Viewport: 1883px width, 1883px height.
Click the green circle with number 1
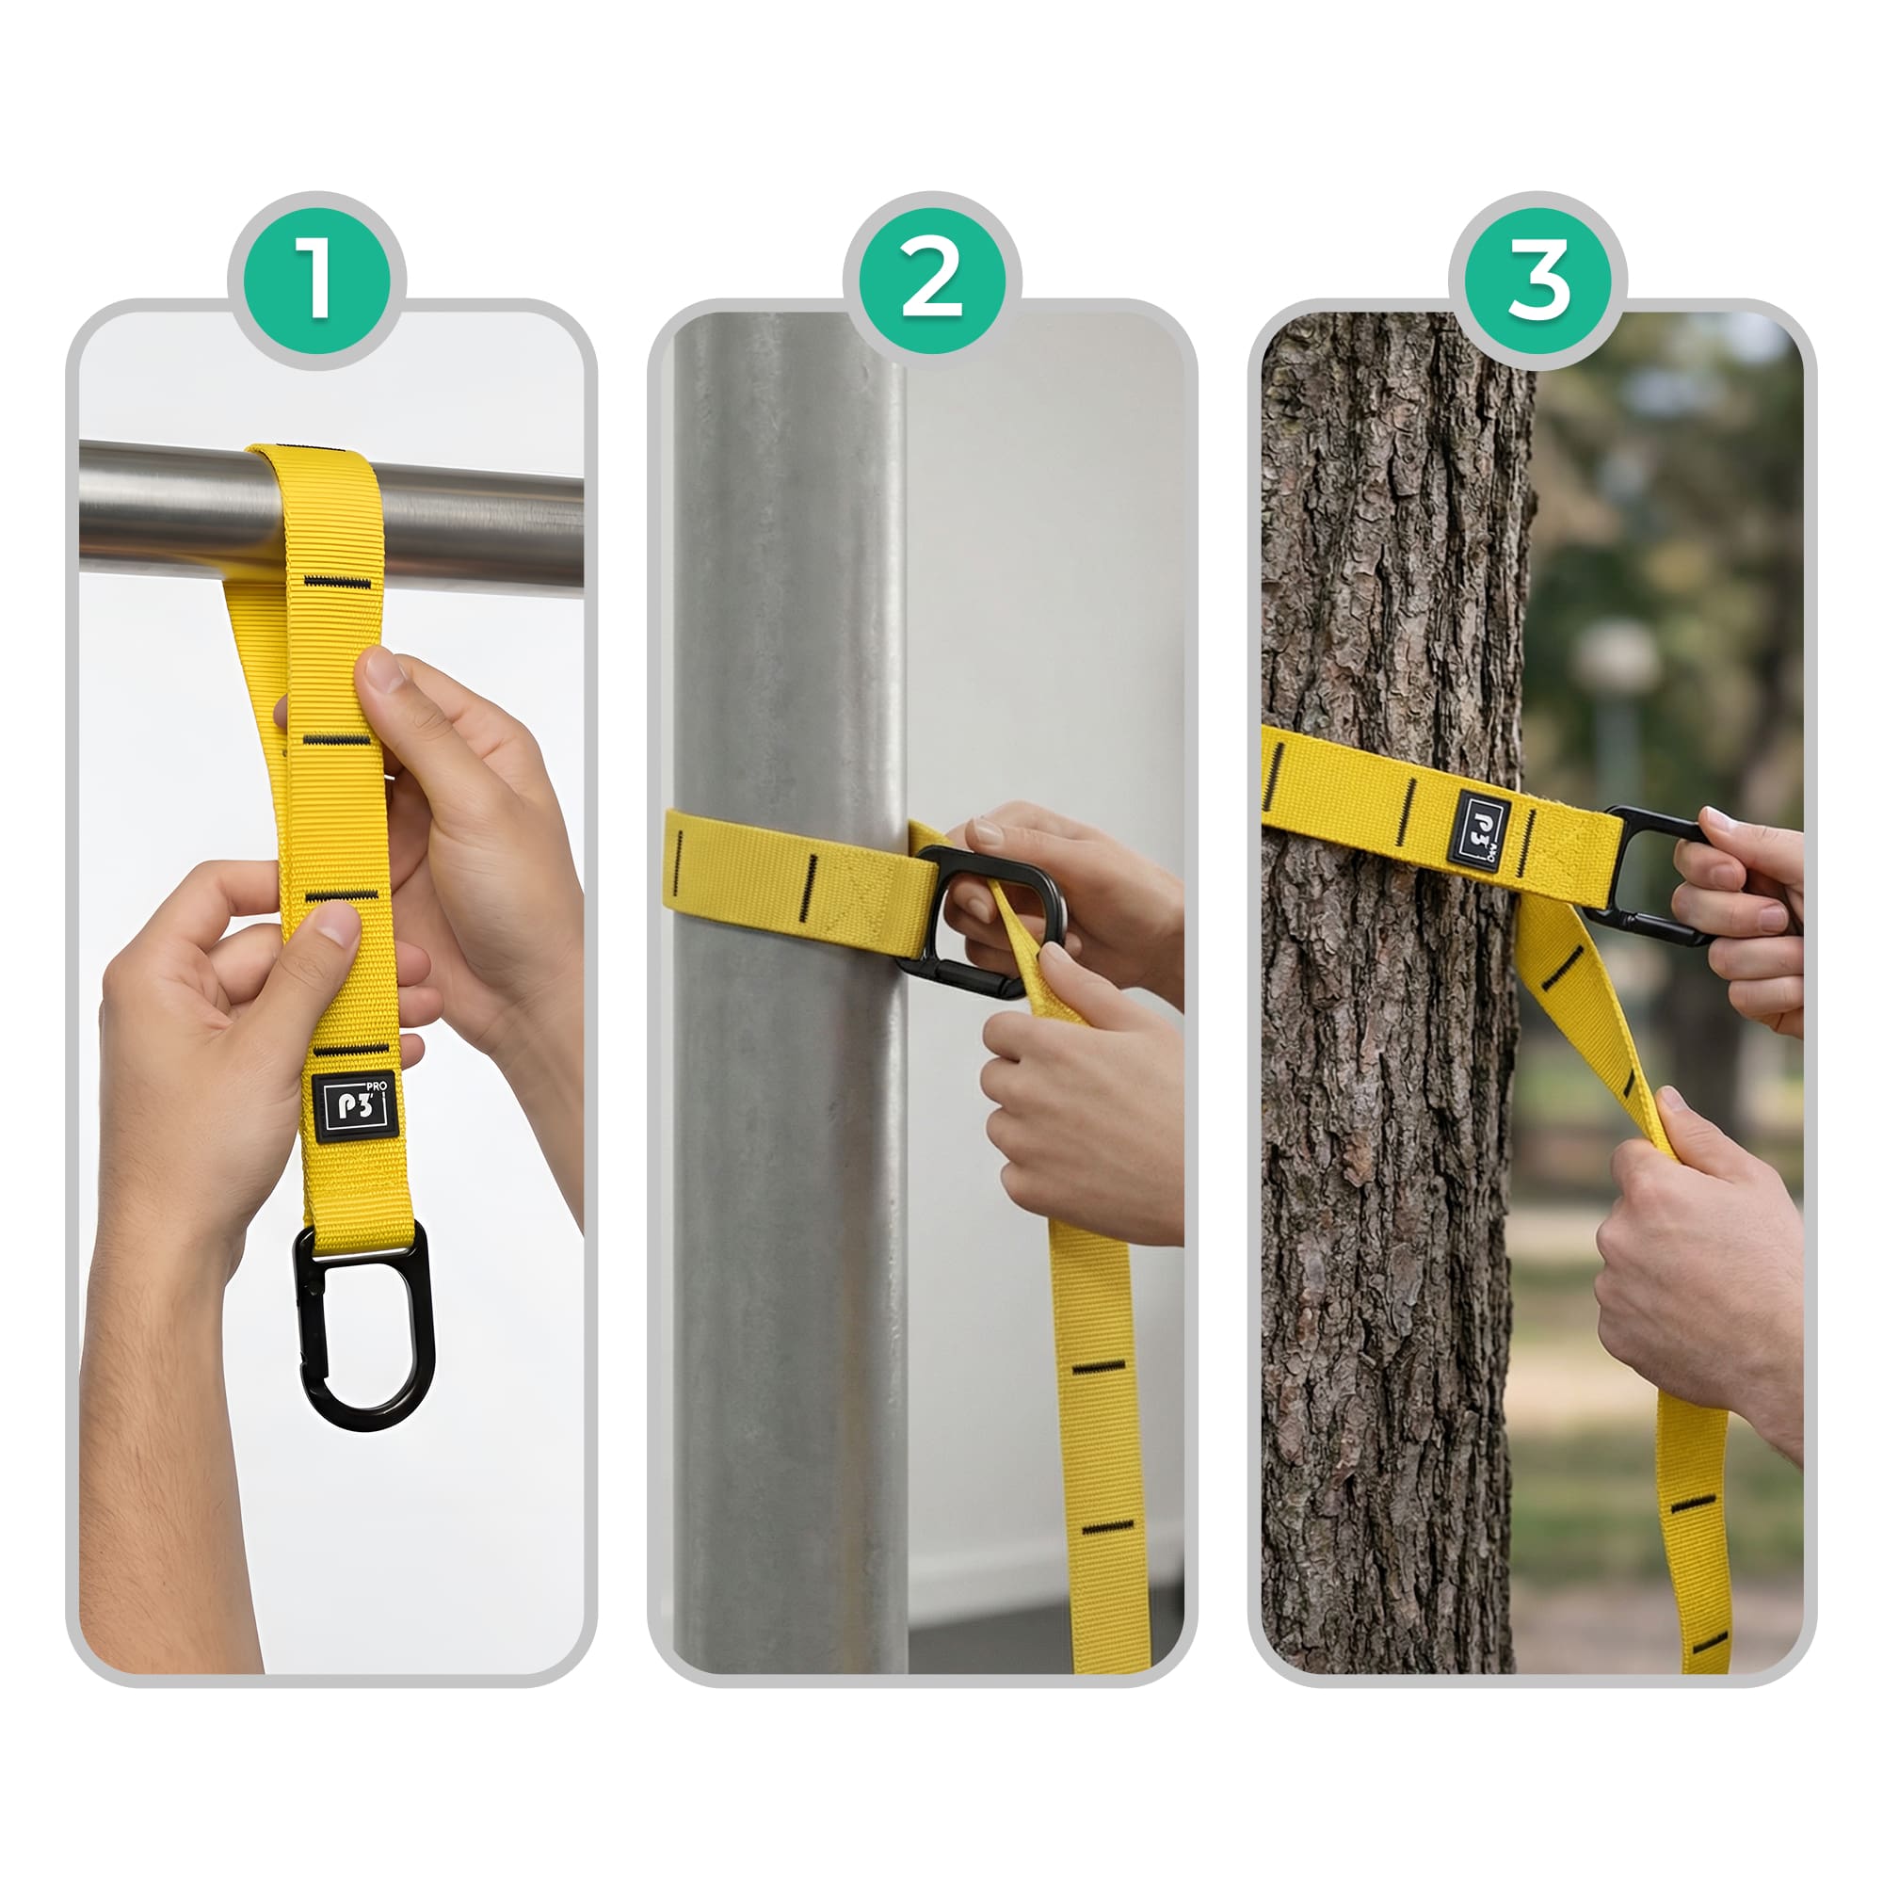coord(316,281)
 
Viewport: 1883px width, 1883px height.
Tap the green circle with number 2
coord(932,281)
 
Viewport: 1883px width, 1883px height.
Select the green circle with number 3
coord(1538,281)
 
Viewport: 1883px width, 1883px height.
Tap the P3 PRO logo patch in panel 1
coord(356,1107)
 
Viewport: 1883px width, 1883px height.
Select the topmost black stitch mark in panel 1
coord(337,583)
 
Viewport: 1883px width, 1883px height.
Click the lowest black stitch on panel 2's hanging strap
coord(1109,1526)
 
